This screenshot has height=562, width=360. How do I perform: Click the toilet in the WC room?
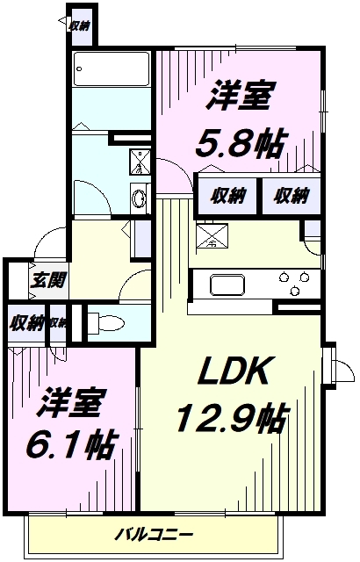pyautogui.click(x=106, y=322)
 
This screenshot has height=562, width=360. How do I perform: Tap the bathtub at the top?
pyautogui.click(x=111, y=68)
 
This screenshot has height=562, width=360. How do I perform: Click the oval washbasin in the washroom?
pyautogui.click(x=139, y=198)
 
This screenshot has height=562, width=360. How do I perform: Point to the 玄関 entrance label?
pyautogui.click(x=48, y=280)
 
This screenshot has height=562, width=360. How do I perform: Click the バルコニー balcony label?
pyautogui.click(x=154, y=534)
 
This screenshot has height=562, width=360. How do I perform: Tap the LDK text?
pyautogui.click(x=234, y=371)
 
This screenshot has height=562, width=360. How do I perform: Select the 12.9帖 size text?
pyautogui.click(x=232, y=417)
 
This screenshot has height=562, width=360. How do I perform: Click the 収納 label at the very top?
pyautogui.click(x=79, y=25)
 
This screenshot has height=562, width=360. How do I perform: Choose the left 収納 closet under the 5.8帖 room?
pyautogui.click(x=227, y=196)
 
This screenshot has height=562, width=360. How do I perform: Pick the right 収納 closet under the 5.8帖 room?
pyautogui.click(x=292, y=196)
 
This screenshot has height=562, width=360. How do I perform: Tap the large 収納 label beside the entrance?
pyautogui.click(x=26, y=323)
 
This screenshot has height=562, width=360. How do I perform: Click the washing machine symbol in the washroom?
pyautogui.click(x=140, y=162)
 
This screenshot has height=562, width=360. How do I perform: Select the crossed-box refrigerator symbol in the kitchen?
pyautogui.click(x=212, y=235)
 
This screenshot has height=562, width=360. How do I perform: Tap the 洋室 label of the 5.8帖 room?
pyautogui.click(x=241, y=95)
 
